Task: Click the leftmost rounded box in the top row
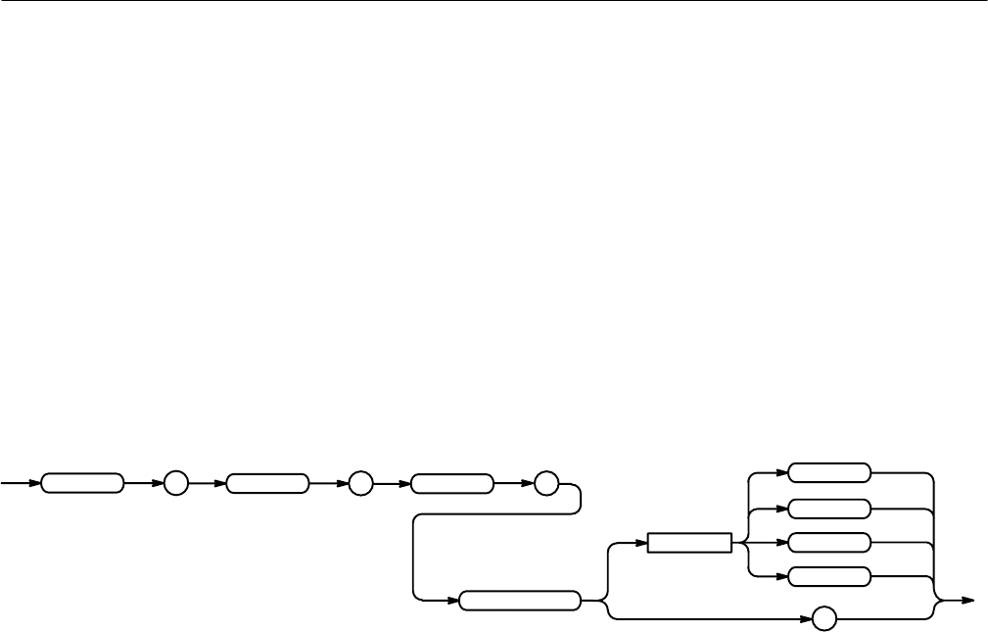tap(82, 483)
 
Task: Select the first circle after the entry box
tap(175, 483)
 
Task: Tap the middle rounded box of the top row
tap(266, 483)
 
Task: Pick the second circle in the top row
tap(359, 483)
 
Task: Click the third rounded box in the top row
tap(451, 483)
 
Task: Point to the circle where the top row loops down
tap(545, 483)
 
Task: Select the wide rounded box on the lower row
tap(520, 600)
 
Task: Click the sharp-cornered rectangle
tap(689, 543)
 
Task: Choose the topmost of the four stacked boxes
tap(829, 472)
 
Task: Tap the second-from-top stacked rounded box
tap(829, 508)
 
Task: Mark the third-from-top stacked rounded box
tap(829, 542)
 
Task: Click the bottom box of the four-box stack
tap(829, 576)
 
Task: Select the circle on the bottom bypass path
tap(823, 619)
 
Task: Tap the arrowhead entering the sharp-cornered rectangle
tap(640, 543)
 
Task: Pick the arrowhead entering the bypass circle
tap(806, 619)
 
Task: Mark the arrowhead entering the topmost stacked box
tap(782, 472)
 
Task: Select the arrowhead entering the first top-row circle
tap(158, 483)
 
